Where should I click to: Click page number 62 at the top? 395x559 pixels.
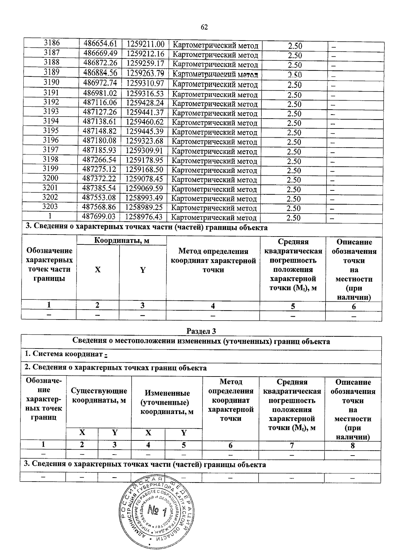click(204, 27)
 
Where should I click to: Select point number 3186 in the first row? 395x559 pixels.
click(52, 43)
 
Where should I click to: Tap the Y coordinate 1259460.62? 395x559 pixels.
click(145, 122)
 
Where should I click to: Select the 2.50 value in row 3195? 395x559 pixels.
click(294, 132)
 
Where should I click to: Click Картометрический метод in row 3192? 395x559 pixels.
click(215, 104)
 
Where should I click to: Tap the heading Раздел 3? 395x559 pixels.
click(201, 330)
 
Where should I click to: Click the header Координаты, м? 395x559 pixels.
click(121, 240)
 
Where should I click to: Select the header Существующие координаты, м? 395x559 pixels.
click(99, 396)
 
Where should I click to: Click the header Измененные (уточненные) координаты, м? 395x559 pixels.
click(167, 402)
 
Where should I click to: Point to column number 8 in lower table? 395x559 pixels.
click(353, 446)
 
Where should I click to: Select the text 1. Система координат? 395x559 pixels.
click(64, 354)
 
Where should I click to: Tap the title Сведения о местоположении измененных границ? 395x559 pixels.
click(201, 341)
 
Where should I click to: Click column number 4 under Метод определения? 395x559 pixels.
click(213, 306)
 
